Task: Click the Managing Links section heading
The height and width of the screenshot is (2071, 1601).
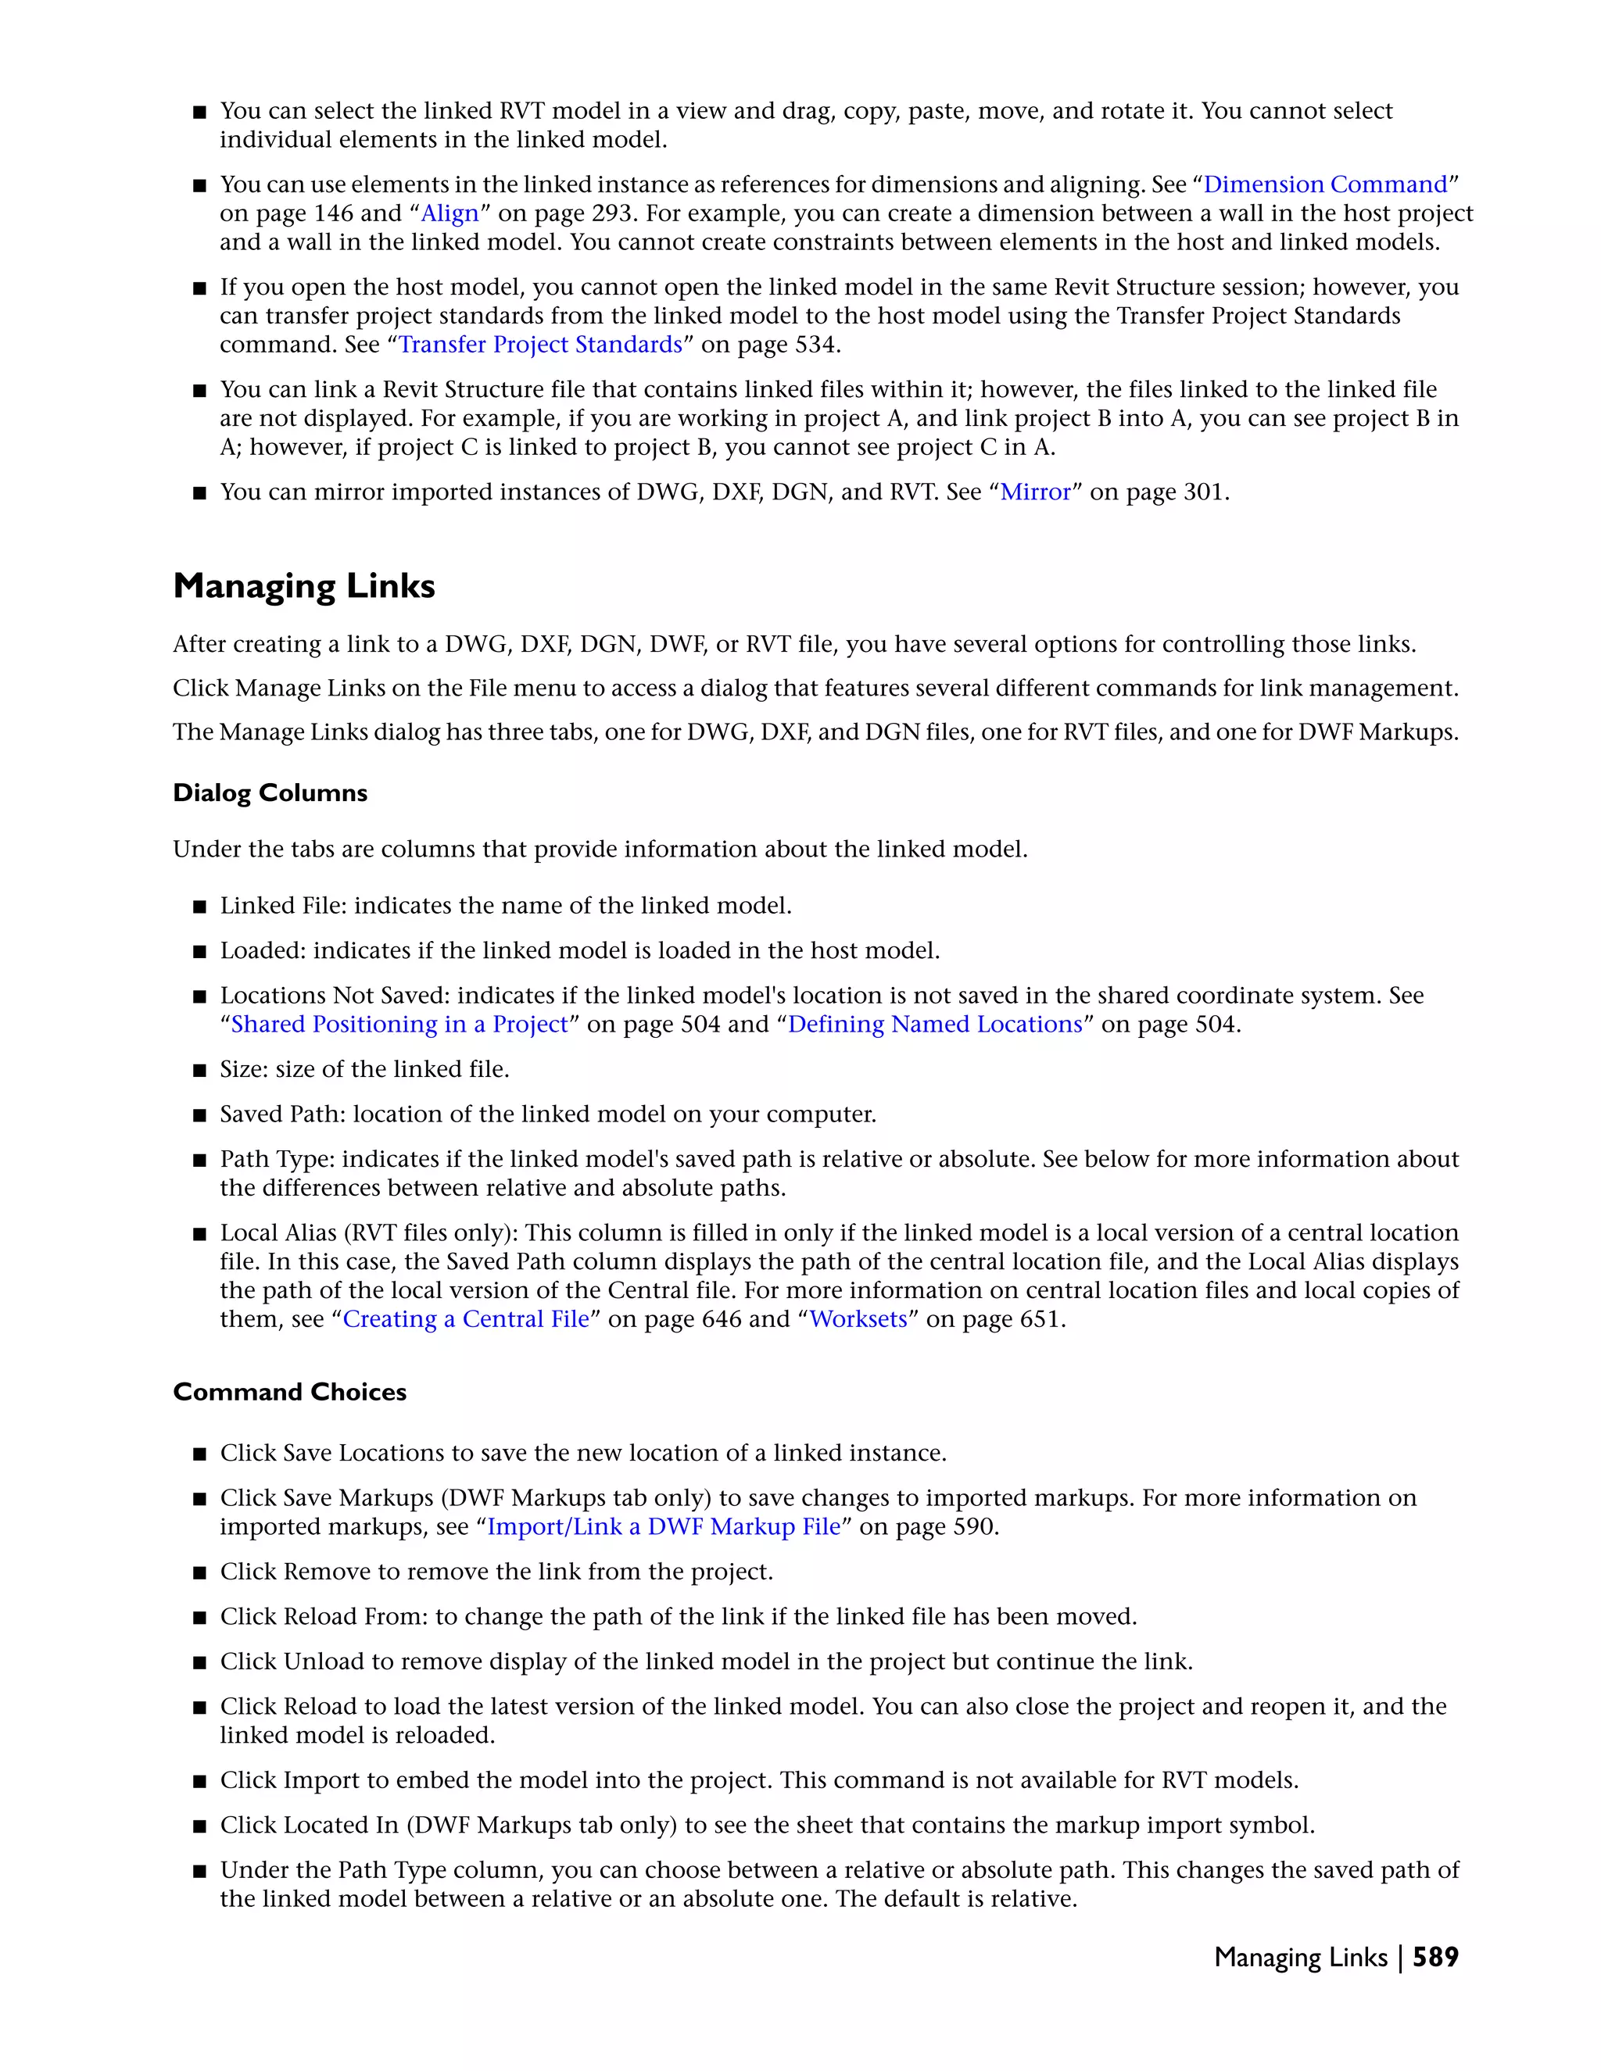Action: click(303, 586)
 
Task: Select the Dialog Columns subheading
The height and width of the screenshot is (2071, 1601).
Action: click(270, 792)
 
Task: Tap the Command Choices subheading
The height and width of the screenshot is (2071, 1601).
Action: click(289, 1392)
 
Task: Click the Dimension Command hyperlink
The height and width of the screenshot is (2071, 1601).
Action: click(1325, 185)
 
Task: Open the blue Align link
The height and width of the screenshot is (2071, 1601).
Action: click(449, 213)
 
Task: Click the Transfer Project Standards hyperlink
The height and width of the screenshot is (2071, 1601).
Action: click(539, 344)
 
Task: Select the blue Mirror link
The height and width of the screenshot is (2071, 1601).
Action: click(1035, 492)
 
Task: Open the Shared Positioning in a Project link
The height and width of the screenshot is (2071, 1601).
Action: click(399, 1025)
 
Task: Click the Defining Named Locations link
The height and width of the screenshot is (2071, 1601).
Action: click(934, 1025)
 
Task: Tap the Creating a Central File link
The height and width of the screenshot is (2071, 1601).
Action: click(466, 1320)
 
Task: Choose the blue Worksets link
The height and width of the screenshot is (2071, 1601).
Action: click(858, 1320)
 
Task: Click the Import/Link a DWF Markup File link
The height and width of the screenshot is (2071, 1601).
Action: click(664, 1528)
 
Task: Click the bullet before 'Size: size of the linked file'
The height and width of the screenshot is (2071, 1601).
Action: click(199, 1071)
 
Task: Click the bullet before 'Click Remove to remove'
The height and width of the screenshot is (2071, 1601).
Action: click(199, 1573)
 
